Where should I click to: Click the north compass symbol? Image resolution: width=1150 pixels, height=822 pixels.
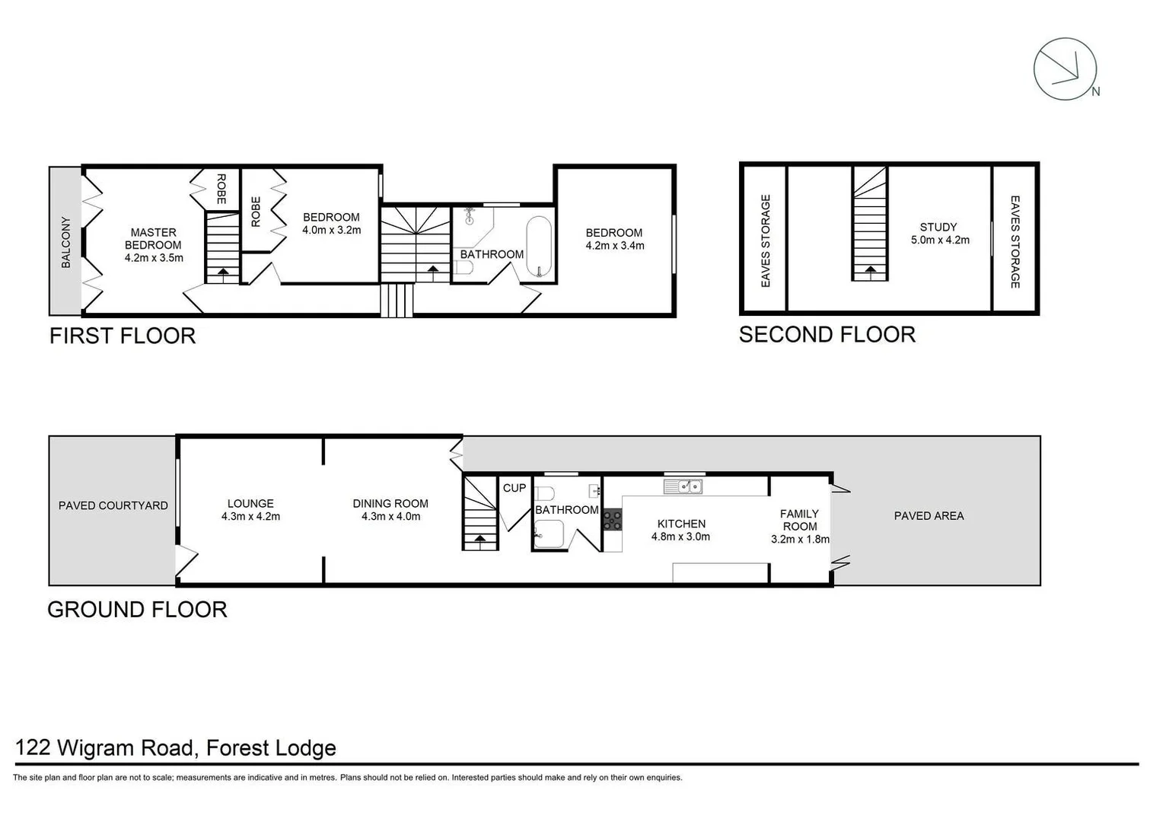[x=1065, y=69]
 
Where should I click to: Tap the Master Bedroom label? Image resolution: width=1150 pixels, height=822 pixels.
[x=153, y=238]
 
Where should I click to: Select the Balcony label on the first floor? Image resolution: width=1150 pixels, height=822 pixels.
[x=65, y=243]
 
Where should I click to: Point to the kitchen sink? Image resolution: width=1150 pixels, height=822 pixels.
[x=683, y=486]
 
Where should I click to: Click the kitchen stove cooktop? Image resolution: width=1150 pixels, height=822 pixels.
[x=613, y=520]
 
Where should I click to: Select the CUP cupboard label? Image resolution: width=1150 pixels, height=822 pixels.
[x=514, y=488]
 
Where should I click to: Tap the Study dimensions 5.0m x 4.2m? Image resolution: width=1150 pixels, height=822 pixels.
[x=940, y=240]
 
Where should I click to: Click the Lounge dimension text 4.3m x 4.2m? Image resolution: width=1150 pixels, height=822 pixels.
[x=250, y=516]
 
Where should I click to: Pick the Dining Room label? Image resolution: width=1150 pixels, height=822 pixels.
[x=390, y=503]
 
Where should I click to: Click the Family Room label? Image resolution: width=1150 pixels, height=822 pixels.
[x=799, y=520]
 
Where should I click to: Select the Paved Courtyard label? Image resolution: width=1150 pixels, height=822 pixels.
[x=113, y=505]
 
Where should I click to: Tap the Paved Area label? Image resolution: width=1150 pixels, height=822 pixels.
[x=929, y=516]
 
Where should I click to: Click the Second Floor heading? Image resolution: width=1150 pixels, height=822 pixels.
[x=827, y=334]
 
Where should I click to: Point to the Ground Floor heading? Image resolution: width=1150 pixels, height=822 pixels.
[x=137, y=610]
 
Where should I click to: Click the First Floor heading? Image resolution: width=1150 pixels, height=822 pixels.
[x=123, y=336]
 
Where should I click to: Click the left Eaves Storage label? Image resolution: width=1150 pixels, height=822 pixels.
[x=766, y=241]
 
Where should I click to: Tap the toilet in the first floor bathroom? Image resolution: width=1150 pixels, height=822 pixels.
[x=464, y=268]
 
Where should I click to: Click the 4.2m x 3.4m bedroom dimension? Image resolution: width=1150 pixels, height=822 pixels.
[x=615, y=246]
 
